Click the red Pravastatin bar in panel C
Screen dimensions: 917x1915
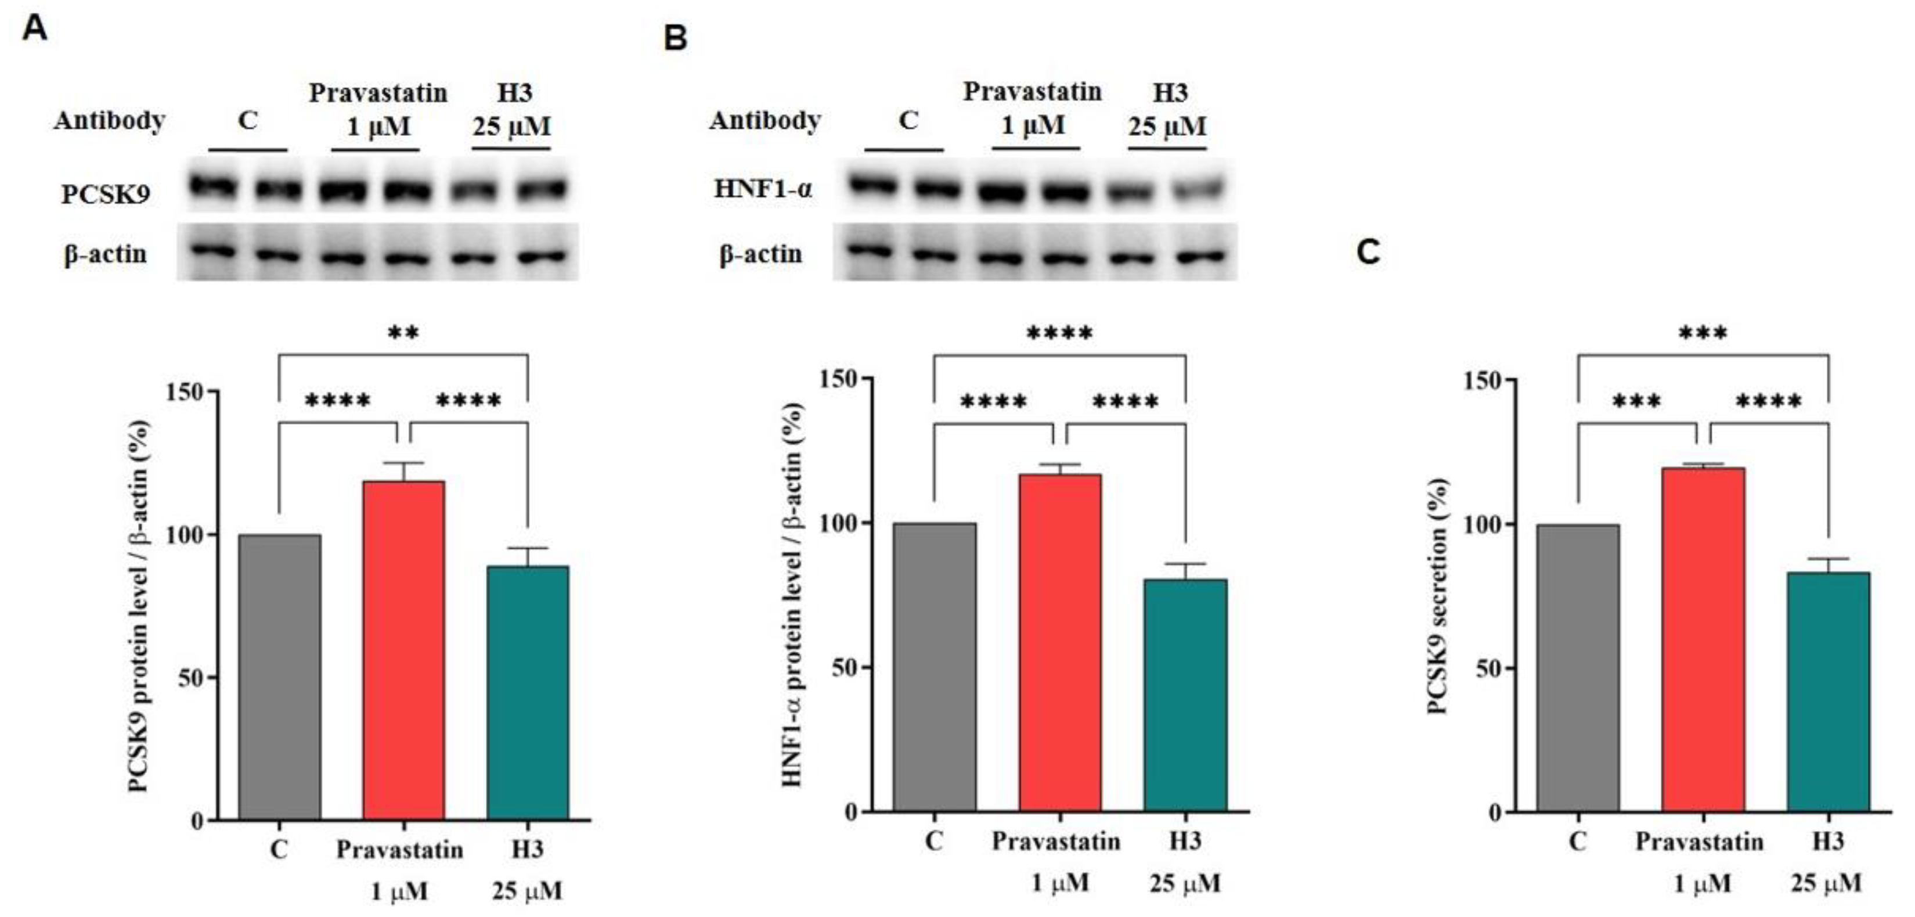pos(1703,639)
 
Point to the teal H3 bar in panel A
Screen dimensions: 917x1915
pos(527,692)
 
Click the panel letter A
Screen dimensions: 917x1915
pos(34,30)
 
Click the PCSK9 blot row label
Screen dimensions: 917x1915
pos(106,194)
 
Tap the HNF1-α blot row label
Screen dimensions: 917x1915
pos(763,189)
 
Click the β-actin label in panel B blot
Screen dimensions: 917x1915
pos(760,254)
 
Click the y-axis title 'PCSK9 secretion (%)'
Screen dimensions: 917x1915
pos(1438,595)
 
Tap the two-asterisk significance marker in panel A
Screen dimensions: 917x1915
pos(403,332)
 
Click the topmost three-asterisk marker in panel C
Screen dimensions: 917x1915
pos(1703,332)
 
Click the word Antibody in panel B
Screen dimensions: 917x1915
pos(764,120)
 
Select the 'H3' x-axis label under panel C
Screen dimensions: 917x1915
pos(1827,841)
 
